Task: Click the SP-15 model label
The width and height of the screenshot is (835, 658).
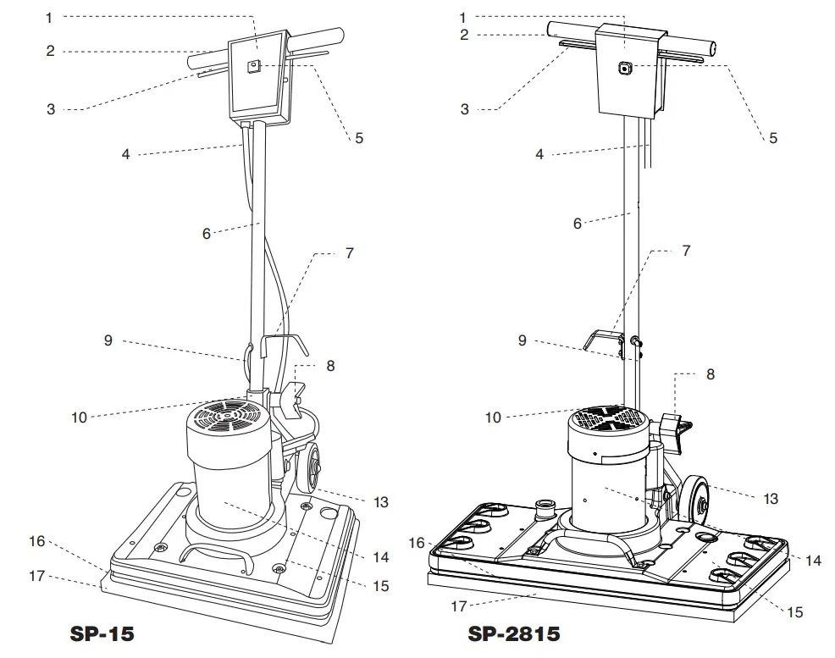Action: point(102,633)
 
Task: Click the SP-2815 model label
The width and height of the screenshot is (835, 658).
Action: point(514,633)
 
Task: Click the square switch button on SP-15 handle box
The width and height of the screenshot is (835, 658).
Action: point(252,67)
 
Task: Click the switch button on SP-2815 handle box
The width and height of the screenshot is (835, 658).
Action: point(624,69)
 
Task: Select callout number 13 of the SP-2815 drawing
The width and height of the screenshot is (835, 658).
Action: point(770,499)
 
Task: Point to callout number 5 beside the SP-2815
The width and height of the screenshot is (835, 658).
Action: point(772,138)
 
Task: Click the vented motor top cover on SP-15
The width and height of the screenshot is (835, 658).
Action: point(226,417)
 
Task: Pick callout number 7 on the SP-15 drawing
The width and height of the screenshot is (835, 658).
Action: point(350,252)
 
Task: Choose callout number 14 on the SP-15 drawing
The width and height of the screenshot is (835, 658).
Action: point(380,557)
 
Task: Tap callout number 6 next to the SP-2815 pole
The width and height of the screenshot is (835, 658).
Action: point(578,224)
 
